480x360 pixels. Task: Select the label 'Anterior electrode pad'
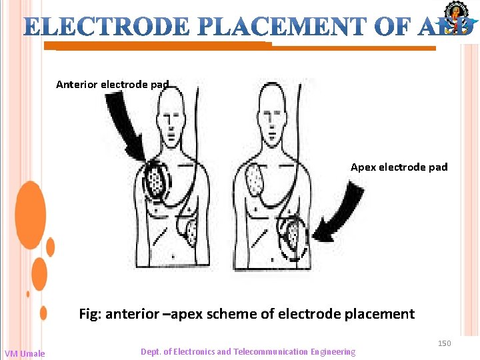pos(113,85)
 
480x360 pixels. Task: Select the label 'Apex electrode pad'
pos(399,167)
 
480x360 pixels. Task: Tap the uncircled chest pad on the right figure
pos(255,179)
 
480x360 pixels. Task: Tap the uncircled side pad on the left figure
pos(191,231)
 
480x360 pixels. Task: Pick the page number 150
pos(444,343)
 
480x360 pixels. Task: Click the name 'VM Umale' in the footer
pos(25,353)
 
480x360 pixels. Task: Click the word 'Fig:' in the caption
pos(91,313)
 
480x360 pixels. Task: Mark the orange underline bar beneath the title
pos(240,47)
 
